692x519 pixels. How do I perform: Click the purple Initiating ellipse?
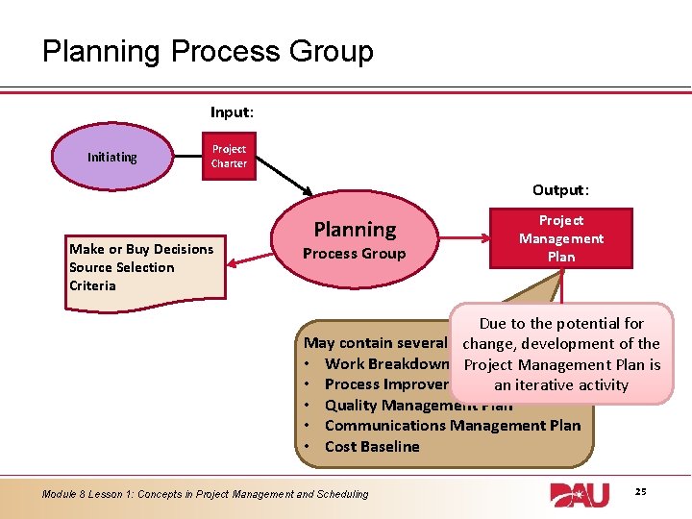tap(112, 157)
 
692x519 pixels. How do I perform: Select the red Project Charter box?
tap(229, 156)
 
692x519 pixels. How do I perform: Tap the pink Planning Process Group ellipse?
tap(355, 240)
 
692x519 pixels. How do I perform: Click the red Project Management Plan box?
tap(561, 238)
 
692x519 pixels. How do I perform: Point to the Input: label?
tap(232, 112)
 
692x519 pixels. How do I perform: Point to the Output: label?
tap(560, 190)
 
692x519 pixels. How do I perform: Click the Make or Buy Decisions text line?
tap(141, 249)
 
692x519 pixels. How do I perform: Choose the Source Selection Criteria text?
tap(122, 276)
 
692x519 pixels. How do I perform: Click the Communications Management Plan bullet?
tap(452, 425)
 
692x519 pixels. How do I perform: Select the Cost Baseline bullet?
tap(372, 446)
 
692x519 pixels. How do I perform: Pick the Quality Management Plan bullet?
tap(384, 405)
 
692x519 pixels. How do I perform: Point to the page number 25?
tap(640, 492)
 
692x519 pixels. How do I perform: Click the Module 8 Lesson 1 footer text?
tap(205, 494)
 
